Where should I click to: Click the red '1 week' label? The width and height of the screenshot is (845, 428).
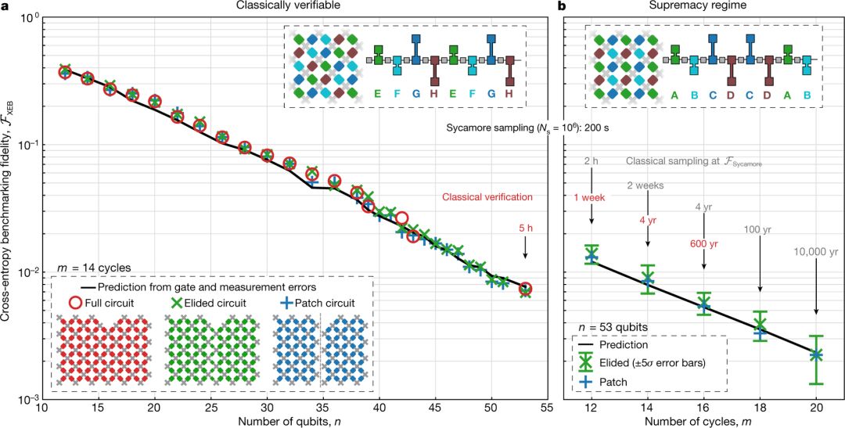pyautogui.click(x=591, y=198)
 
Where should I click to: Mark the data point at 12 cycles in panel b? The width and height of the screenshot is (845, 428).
pyautogui.click(x=591, y=255)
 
